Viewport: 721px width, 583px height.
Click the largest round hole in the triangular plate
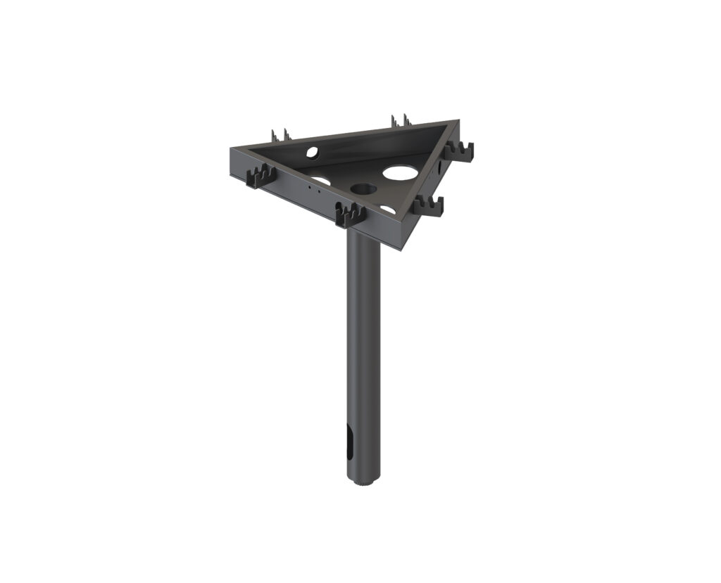[399, 171]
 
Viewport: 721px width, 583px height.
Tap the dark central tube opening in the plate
[363, 188]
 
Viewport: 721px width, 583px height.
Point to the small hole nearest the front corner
[388, 210]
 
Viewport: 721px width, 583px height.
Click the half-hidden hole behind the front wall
[320, 181]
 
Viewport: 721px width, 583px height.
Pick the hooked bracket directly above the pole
[350, 214]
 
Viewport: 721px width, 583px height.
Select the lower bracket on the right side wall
[429, 205]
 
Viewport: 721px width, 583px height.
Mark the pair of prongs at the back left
[279, 134]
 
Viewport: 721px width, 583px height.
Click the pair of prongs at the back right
[400, 120]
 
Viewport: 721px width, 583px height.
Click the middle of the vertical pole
[363, 352]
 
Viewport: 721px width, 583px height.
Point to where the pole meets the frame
[363, 236]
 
